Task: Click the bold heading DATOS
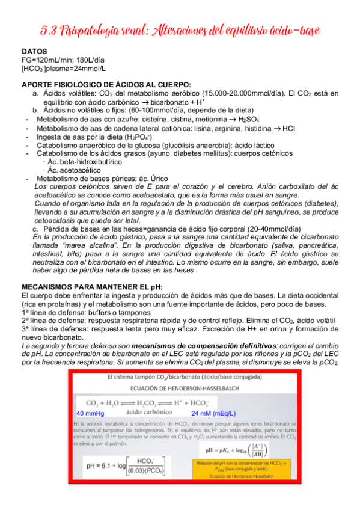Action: [35, 52]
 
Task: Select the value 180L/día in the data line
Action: [91, 60]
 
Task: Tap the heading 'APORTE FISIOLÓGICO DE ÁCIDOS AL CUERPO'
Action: [106, 84]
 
